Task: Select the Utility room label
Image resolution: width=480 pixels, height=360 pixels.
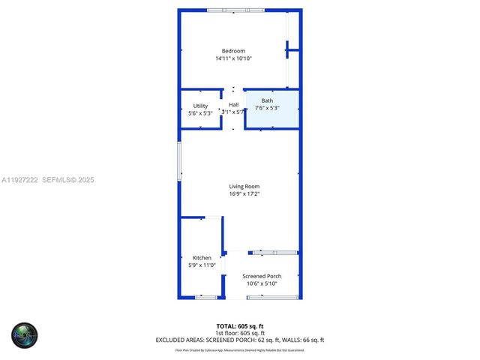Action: pos(200,106)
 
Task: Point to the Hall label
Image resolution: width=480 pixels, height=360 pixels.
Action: pos(234,105)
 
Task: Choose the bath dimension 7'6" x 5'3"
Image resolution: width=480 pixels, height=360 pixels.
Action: pos(268,108)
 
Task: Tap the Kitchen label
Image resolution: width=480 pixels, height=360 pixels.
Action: pos(202,257)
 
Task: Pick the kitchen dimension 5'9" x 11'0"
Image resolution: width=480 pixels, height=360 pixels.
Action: pos(202,265)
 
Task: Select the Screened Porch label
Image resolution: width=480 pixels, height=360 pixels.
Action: pos(262,276)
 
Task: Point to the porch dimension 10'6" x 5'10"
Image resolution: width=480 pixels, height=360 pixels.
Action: pos(262,283)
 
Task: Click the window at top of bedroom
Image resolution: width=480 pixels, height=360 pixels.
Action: pos(235,10)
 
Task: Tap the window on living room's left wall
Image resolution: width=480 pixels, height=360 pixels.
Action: pos(179,160)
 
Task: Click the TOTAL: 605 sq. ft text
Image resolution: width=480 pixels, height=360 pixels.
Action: pos(240,325)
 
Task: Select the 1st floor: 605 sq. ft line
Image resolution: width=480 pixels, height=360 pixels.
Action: pos(240,332)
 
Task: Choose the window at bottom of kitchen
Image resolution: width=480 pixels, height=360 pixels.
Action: pos(205,297)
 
